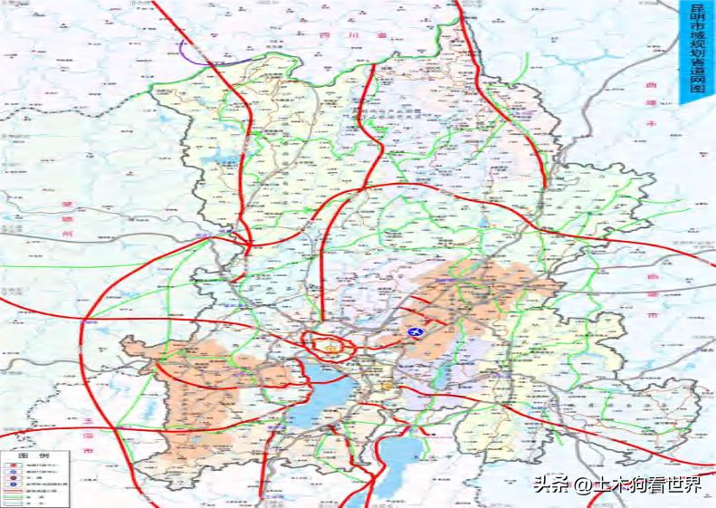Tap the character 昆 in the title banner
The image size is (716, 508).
pos(696,10)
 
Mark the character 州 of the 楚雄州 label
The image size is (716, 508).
pos(67,235)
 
